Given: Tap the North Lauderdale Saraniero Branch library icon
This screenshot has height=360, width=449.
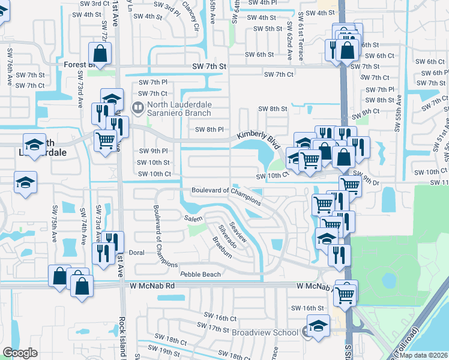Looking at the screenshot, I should click(x=138, y=107).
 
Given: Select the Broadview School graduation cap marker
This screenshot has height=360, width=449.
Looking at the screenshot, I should click(x=318, y=328).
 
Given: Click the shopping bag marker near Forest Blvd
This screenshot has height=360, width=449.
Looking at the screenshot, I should click(x=100, y=55).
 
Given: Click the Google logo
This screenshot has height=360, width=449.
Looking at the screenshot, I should click(x=20, y=352).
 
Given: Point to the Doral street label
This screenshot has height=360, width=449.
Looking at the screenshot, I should click(x=136, y=253).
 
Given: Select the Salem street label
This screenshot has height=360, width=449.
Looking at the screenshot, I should click(x=193, y=219).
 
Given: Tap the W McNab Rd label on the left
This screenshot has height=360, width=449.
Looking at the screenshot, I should click(x=152, y=287).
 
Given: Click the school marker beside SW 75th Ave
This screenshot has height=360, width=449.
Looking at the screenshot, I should click(x=26, y=184).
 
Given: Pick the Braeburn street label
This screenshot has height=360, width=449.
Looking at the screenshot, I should click(x=221, y=247).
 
